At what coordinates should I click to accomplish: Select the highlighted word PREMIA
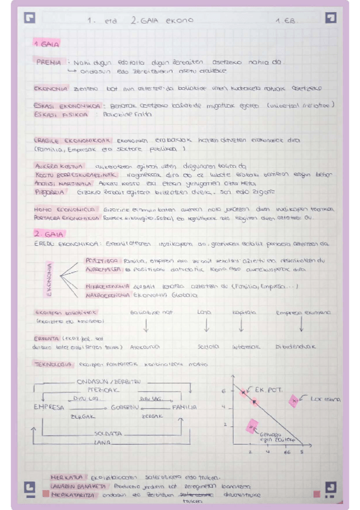[x=48, y=62]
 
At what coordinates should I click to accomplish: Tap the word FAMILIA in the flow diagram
[x=184, y=407]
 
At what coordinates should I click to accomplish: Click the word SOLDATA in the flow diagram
[x=109, y=433]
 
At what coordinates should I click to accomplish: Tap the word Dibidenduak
[x=295, y=347]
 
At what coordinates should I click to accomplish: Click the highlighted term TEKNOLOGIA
[x=53, y=364]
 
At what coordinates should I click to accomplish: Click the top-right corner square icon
[x=330, y=18]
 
